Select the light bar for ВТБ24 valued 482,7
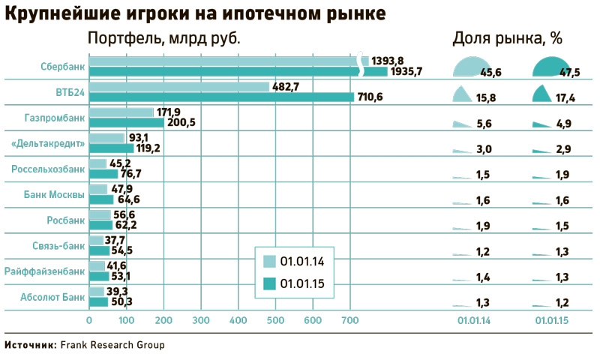tap(178, 87)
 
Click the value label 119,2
tap(148, 148)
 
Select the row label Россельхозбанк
tap(48, 169)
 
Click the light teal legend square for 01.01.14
tap(269, 261)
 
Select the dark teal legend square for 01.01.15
tap(269, 283)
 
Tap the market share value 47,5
tap(570, 72)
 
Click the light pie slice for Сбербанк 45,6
tap(469, 67)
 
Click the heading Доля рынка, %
tap(507, 38)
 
